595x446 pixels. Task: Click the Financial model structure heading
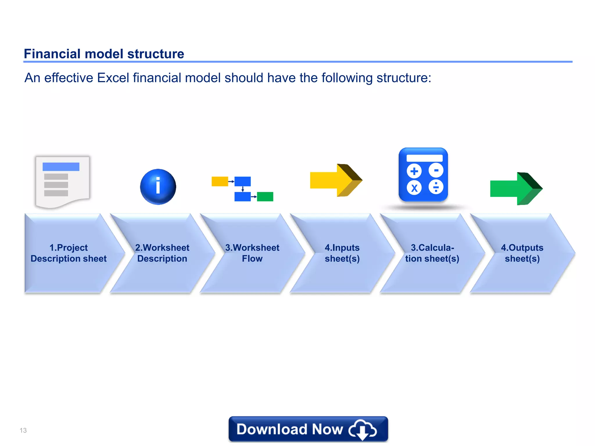pos(104,54)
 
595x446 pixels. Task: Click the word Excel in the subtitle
pos(113,78)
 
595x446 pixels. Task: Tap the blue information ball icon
pos(158,187)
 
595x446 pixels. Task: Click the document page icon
pos(62,181)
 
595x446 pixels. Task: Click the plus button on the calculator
pos(414,171)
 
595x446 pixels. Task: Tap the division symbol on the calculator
pos(436,187)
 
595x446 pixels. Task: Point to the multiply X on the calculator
pos(414,188)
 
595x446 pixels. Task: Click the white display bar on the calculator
pos(424,158)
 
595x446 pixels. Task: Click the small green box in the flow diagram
pos(265,197)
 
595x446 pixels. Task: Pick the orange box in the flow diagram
pos(220,181)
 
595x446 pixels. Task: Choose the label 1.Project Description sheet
pos(69,253)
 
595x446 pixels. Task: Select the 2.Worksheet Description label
pos(162,253)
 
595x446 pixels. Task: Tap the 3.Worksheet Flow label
pos(252,253)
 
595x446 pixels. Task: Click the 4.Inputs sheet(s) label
pos(342,253)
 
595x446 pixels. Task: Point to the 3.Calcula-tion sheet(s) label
pos(432,253)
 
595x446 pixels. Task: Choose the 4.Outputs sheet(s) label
pos(522,253)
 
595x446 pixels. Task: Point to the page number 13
pos(23,430)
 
